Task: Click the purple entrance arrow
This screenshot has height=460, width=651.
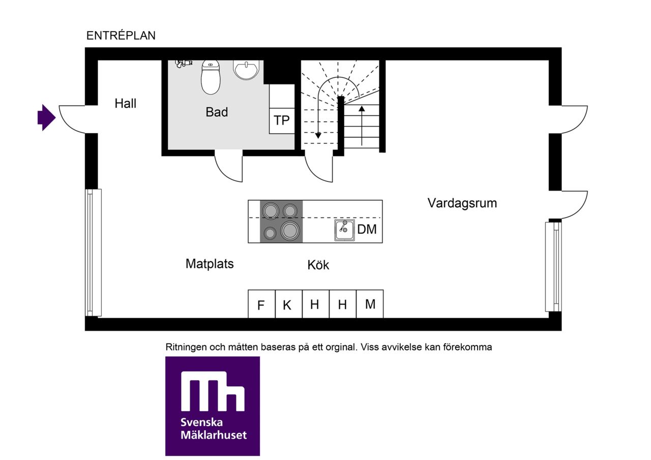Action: (46, 117)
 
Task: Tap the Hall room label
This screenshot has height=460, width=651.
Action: (125, 103)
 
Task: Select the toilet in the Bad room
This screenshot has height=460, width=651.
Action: (211, 77)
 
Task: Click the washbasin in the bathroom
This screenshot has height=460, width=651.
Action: (246, 70)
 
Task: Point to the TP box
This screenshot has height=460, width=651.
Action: (282, 121)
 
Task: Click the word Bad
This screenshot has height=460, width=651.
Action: (217, 112)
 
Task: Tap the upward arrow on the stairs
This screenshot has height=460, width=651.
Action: (362, 126)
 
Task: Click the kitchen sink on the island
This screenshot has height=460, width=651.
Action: (344, 230)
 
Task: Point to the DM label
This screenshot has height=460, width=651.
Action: (367, 229)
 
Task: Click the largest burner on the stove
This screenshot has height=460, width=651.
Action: (290, 231)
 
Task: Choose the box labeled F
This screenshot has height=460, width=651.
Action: (261, 304)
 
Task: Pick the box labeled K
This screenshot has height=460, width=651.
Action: (288, 304)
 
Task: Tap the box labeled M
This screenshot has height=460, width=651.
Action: (370, 304)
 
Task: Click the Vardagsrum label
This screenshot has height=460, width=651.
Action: (462, 203)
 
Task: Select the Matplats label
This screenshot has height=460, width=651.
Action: (210, 264)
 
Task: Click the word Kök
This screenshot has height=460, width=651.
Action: (318, 265)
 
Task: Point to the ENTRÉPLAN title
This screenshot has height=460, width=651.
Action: (121, 36)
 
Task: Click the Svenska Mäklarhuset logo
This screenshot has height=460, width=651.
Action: (213, 406)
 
